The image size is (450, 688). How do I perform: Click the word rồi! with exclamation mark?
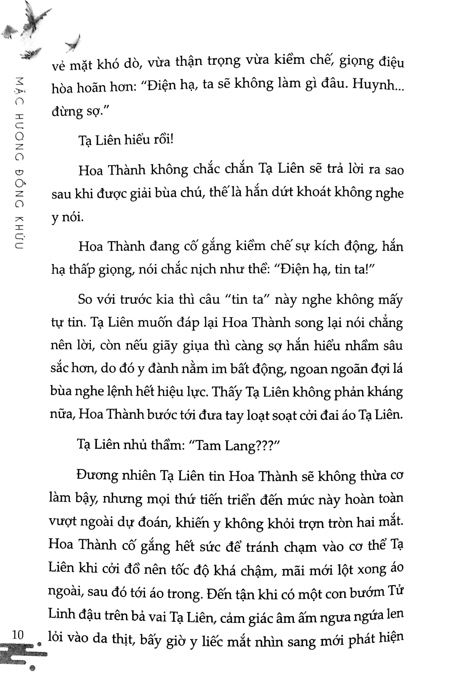pyautogui.click(x=163, y=140)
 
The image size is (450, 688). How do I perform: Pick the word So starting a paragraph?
pyautogui.click(x=85, y=300)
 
